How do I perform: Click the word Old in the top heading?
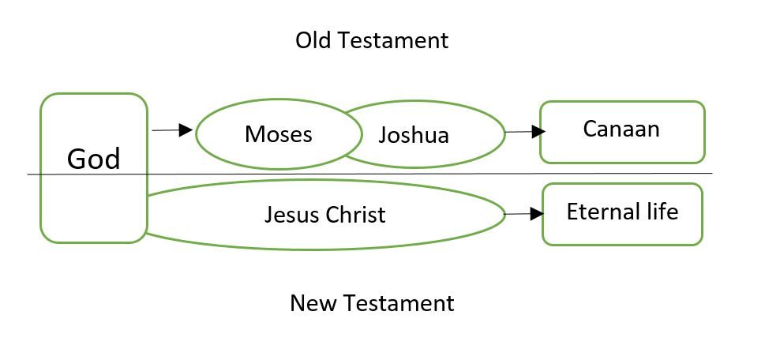click(x=312, y=40)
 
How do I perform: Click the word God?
click(x=94, y=159)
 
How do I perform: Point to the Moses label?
click(x=279, y=134)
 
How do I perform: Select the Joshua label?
click(x=414, y=135)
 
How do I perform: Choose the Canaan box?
click(x=622, y=131)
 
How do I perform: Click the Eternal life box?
click(x=622, y=213)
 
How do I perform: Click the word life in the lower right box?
click(x=662, y=212)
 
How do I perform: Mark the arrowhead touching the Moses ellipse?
click(x=186, y=129)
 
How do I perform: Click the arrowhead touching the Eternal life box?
click(x=537, y=214)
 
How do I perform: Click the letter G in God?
click(x=77, y=159)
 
